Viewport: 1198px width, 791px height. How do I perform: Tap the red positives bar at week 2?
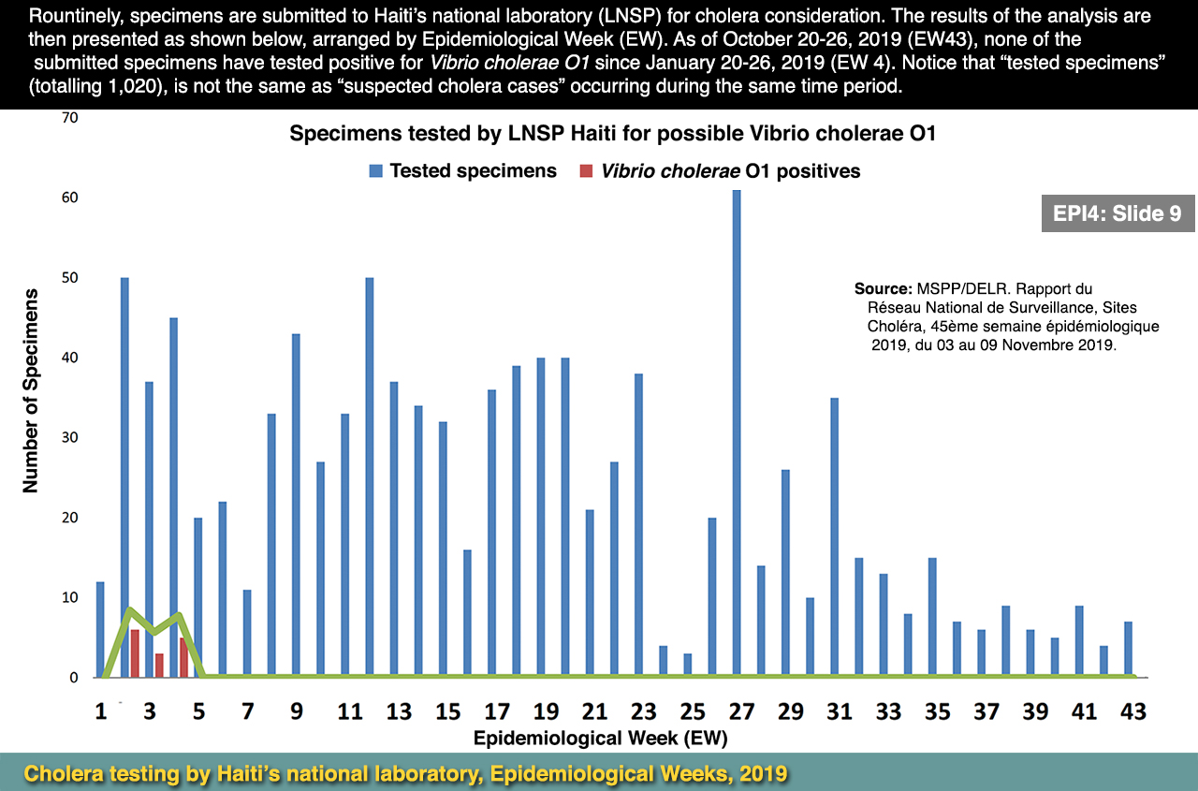pyautogui.click(x=135, y=653)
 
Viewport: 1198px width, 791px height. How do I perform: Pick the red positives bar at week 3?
pyautogui.click(x=159, y=665)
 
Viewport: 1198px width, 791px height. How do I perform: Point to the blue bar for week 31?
pyautogui.click(x=834, y=537)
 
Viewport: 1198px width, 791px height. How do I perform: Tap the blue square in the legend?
pyautogui.click(x=376, y=171)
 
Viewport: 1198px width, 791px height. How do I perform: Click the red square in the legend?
pyautogui.click(x=587, y=171)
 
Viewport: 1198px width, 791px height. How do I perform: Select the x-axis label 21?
pyautogui.click(x=594, y=712)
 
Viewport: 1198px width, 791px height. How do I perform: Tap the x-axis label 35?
pyautogui.click(x=937, y=712)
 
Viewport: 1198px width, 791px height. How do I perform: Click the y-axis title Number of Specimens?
pyautogui.click(x=31, y=390)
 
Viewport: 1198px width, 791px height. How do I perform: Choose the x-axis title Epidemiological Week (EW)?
pyautogui.click(x=600, y=738)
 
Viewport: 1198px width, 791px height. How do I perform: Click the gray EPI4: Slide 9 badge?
pyautogui.click(x=1117, y=213)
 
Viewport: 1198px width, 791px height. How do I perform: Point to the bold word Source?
pyautogui.click(x=883, y=289)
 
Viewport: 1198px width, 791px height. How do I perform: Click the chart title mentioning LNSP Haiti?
pyautogui.click(x=612, y=133)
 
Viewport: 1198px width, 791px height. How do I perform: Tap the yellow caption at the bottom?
pyautogui.click(x=405, y=774)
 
